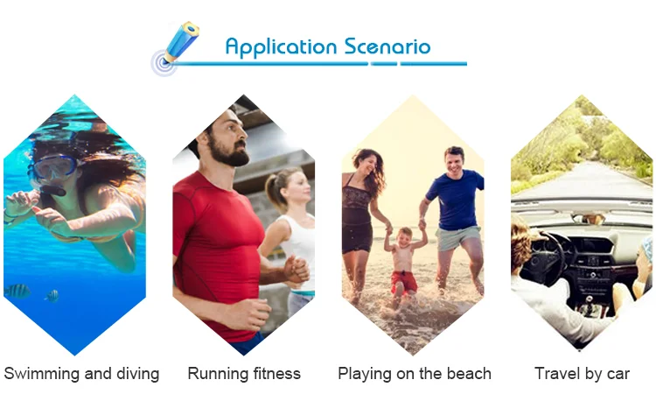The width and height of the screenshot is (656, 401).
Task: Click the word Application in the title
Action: pos(281,47)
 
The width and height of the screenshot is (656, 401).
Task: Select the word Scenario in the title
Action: pos(387,46)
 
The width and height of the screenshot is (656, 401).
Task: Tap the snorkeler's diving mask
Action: pos(53,165)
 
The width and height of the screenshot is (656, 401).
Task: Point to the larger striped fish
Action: pos(17,291)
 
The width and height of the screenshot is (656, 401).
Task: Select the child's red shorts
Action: pos(403,282)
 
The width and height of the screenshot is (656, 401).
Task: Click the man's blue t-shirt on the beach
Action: pos(455,200)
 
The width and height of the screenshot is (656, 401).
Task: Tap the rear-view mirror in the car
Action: pos(589,219)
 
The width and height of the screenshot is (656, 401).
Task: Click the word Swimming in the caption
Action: pos(41,374)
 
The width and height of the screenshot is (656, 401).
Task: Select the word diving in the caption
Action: pos(137,373)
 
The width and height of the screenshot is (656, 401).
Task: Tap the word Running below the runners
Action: pos(213,374)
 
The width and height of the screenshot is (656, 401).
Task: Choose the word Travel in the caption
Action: pos(555,373)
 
